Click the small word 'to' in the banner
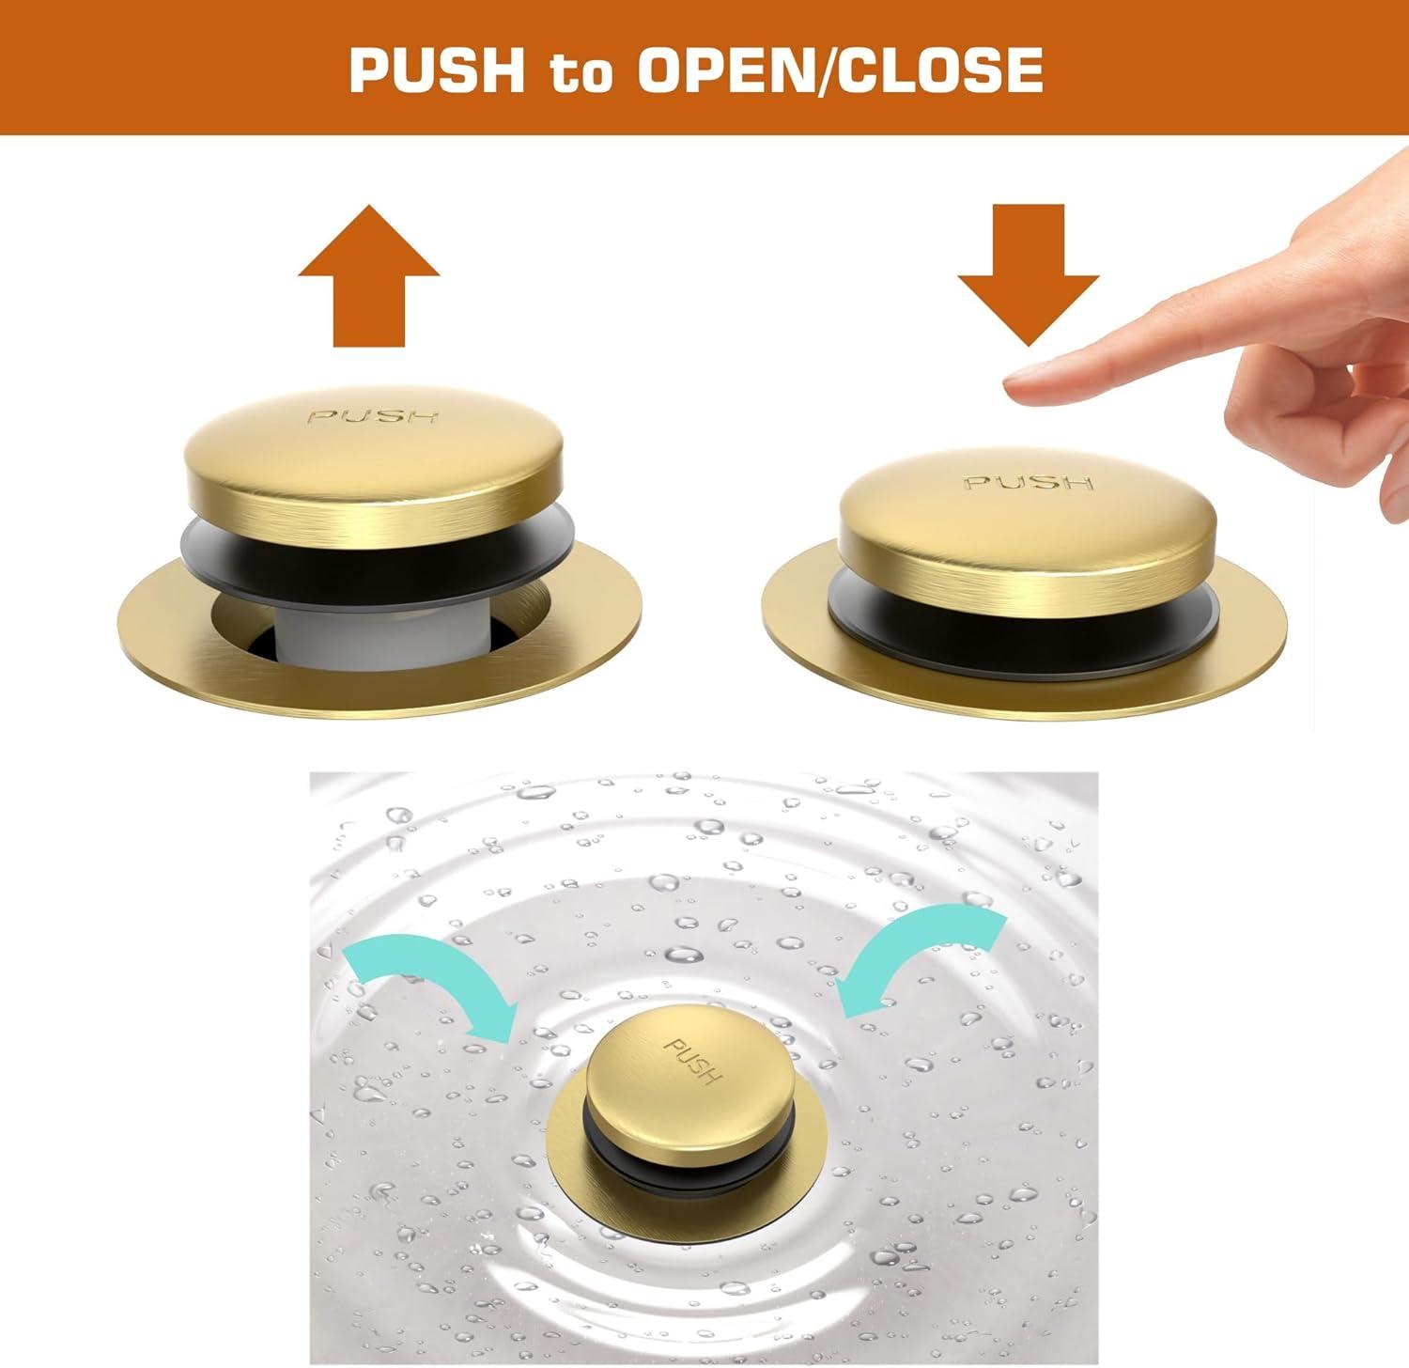(x=581, y=72)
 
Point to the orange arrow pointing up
(x=369, y=275)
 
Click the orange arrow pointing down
(x=1029, y=275)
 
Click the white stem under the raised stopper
(x=333, y=635)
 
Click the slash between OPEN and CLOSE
(x=826, y=70)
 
